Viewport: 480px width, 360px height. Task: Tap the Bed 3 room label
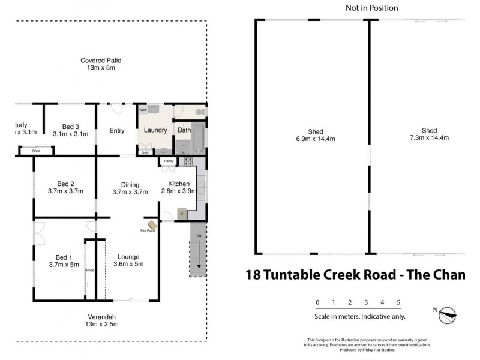coord(70,130)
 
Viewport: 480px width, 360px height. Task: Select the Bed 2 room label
coord(65,187)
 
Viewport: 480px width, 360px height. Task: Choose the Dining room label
coord(130,188)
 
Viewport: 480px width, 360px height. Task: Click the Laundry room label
coord(155,130)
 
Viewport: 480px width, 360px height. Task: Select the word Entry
coord(116,131)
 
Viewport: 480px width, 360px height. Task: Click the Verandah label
coord(101,320)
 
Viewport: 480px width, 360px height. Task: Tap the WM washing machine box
coord(143,111)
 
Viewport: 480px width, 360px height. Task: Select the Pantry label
coord(167,161)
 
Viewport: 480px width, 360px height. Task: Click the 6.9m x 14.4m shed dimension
coord(316,139)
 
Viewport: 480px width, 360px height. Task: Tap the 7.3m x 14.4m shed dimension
coord(429,138)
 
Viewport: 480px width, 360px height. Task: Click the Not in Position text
coord(371,8)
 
